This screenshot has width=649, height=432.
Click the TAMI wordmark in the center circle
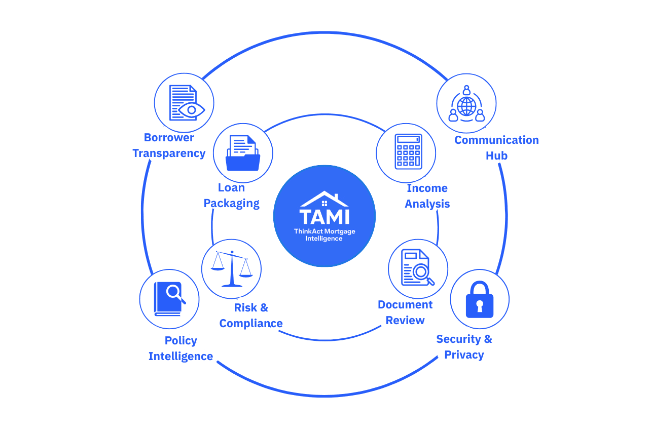coord(324,216)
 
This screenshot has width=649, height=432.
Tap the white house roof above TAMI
coord(324,198)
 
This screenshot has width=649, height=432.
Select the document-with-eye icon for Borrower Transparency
coord(184,102)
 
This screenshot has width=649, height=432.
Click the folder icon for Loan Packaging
coord(243,153)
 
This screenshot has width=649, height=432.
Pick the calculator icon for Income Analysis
coord(408,151)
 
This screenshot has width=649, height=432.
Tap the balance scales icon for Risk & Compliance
coord(232,268)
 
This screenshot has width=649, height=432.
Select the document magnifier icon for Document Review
coord(418,268)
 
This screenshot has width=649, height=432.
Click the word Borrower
coord(169,137)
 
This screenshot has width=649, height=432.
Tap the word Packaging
coord(232,204)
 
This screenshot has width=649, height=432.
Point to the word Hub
coord(496,155)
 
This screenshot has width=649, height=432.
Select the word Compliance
coord(251,323)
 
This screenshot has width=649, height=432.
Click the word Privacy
coord(464,355)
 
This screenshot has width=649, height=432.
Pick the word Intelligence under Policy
coord(181,356)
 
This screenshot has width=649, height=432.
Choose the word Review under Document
coord(405,320)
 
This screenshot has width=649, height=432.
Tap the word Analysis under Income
coord(427,204)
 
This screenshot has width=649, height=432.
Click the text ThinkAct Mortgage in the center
coord(324,231)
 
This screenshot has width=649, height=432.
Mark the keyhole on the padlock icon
coord(479,305)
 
